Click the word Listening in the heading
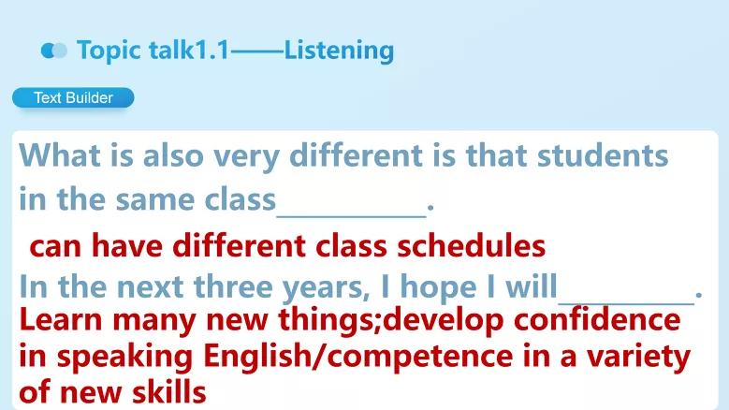339,51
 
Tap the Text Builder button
73,97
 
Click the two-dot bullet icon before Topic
54,51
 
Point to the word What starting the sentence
57,154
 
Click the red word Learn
60,320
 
